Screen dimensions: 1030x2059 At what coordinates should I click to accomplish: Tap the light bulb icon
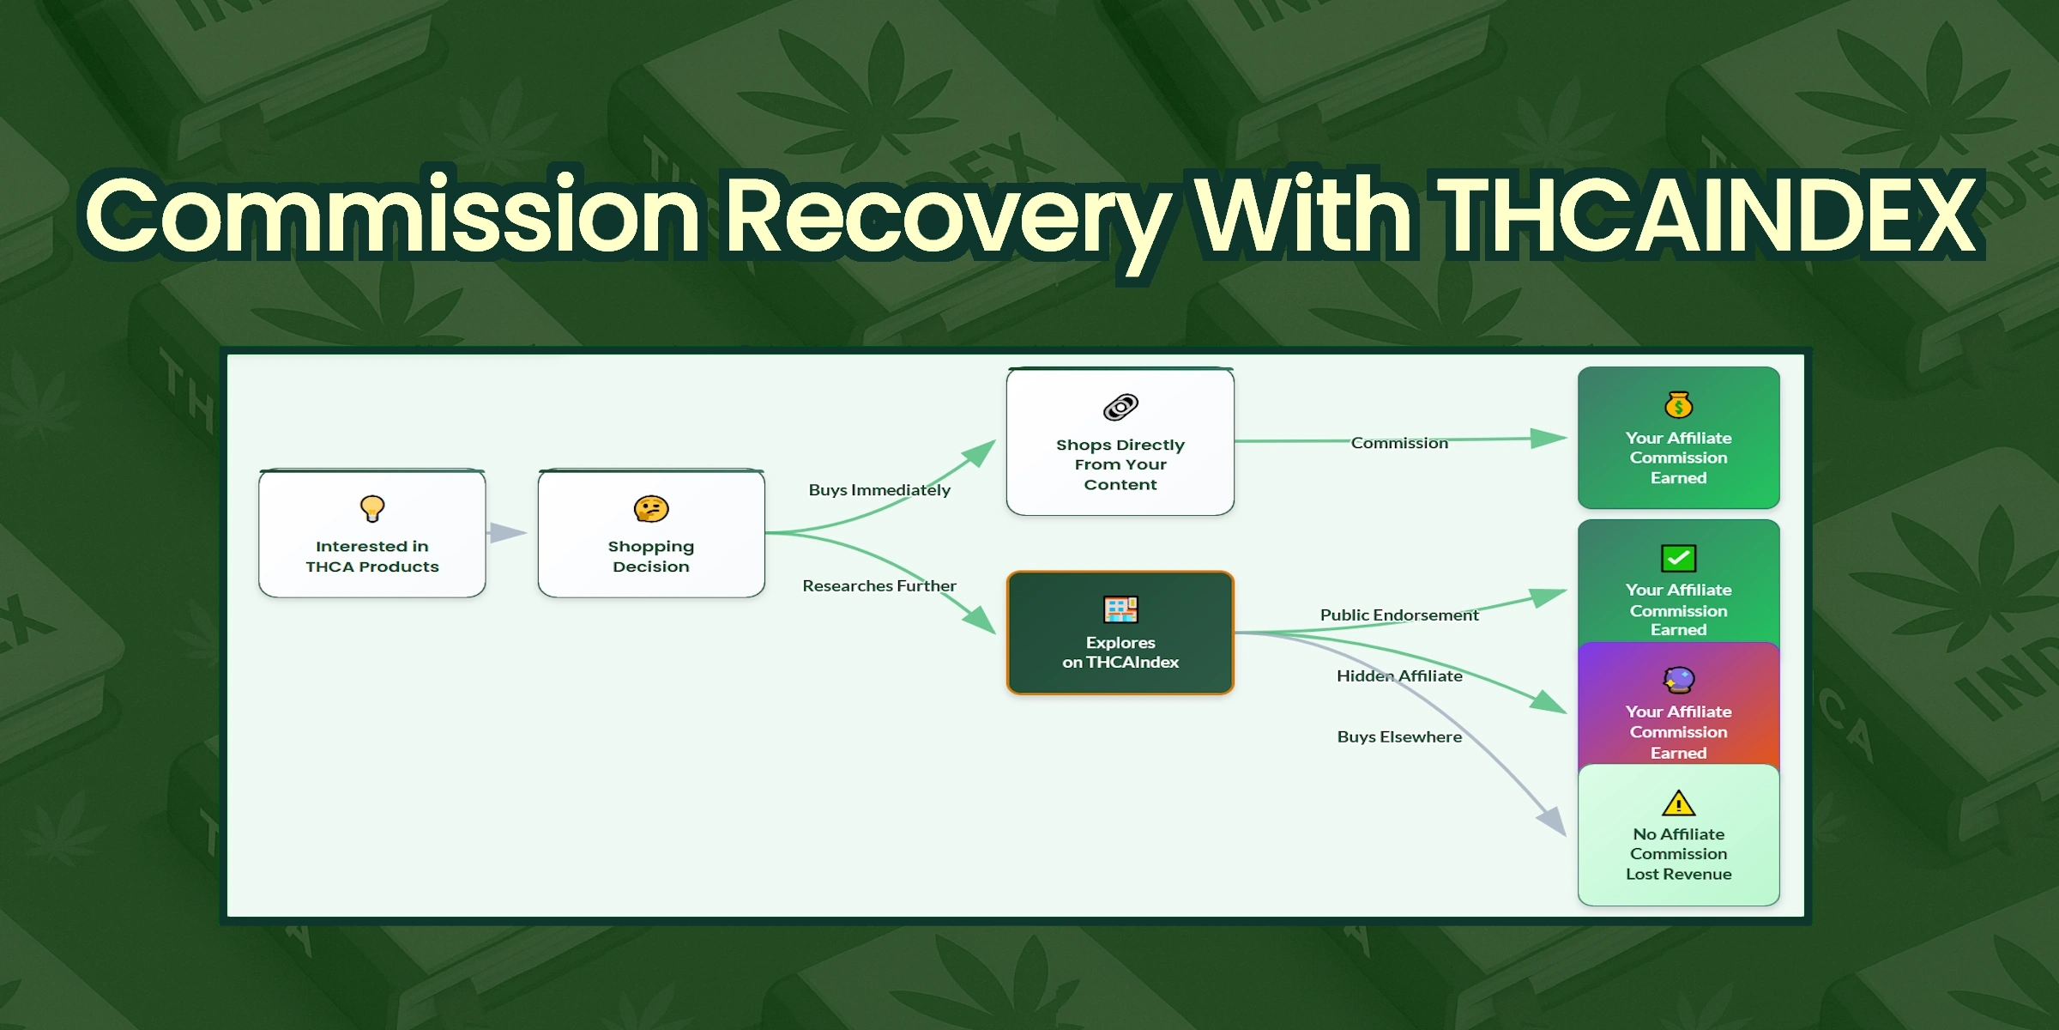(372, 508)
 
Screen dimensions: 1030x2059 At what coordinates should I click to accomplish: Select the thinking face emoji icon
(651, 509)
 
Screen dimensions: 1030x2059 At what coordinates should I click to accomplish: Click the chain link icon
(1120, 407)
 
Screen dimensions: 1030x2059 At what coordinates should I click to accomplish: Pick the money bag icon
(1679, 404)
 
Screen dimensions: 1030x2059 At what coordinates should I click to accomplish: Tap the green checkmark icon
(1679, 558)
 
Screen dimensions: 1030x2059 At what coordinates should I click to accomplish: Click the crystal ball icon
(1679, 681)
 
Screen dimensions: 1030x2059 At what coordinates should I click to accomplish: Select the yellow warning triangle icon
(1679, 803)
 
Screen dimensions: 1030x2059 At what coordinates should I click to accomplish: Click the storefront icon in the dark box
(1120, 609)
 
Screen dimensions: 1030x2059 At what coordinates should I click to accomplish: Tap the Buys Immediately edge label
(879, 490)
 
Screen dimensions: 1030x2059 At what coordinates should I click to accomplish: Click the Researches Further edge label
(879, 586)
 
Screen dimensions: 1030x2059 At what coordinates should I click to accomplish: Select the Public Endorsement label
(1399, 615)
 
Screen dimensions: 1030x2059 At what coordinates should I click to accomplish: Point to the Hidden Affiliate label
(1399, 676)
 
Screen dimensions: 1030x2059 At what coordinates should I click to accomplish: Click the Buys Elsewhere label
(1399, 737)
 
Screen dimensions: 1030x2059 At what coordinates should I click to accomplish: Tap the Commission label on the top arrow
(1399, 443)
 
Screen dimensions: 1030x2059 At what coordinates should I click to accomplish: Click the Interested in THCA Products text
(372, 556)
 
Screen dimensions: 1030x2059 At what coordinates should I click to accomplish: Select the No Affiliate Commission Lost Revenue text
(1679, 854)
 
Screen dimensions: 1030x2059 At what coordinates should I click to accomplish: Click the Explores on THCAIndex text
(1120, 652)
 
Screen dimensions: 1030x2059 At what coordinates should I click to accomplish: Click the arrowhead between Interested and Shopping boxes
(508, 533)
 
